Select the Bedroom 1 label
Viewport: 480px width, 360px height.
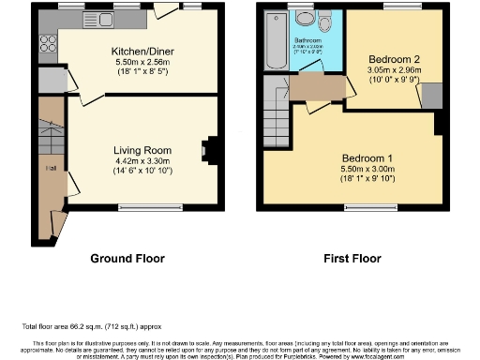367,157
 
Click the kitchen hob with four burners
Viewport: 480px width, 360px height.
47,42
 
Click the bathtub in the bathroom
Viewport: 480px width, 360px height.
276,41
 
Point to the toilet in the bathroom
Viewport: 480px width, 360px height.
324,22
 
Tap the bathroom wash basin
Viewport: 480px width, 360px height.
304,18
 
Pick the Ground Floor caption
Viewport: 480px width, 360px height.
127,258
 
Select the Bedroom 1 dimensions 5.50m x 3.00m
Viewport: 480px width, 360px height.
367,169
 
